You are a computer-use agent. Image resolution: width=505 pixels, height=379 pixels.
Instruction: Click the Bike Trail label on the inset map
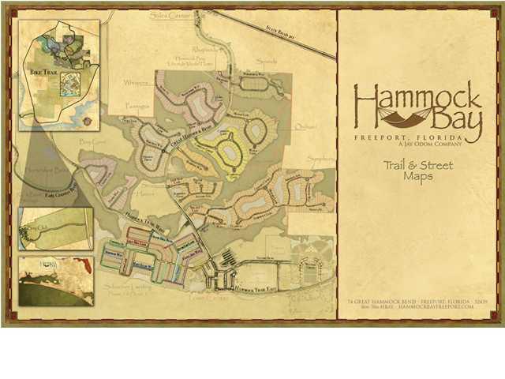point(41,94)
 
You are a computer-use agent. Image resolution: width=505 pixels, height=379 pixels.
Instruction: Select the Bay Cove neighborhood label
point(92,141)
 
